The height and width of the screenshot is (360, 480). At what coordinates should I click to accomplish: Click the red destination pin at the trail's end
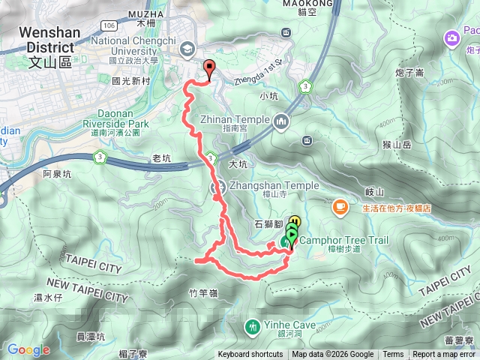point(208,68)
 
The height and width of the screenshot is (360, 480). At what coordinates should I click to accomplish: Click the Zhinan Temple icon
point(281,121)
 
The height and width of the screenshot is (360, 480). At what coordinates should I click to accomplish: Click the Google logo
point(28,349)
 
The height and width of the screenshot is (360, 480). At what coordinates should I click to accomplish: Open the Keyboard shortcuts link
point(250,355)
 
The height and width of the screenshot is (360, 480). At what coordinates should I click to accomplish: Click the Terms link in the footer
point(393,355)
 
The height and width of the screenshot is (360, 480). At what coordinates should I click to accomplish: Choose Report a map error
point(444,355)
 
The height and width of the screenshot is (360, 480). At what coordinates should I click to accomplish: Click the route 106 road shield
point(108,25)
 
